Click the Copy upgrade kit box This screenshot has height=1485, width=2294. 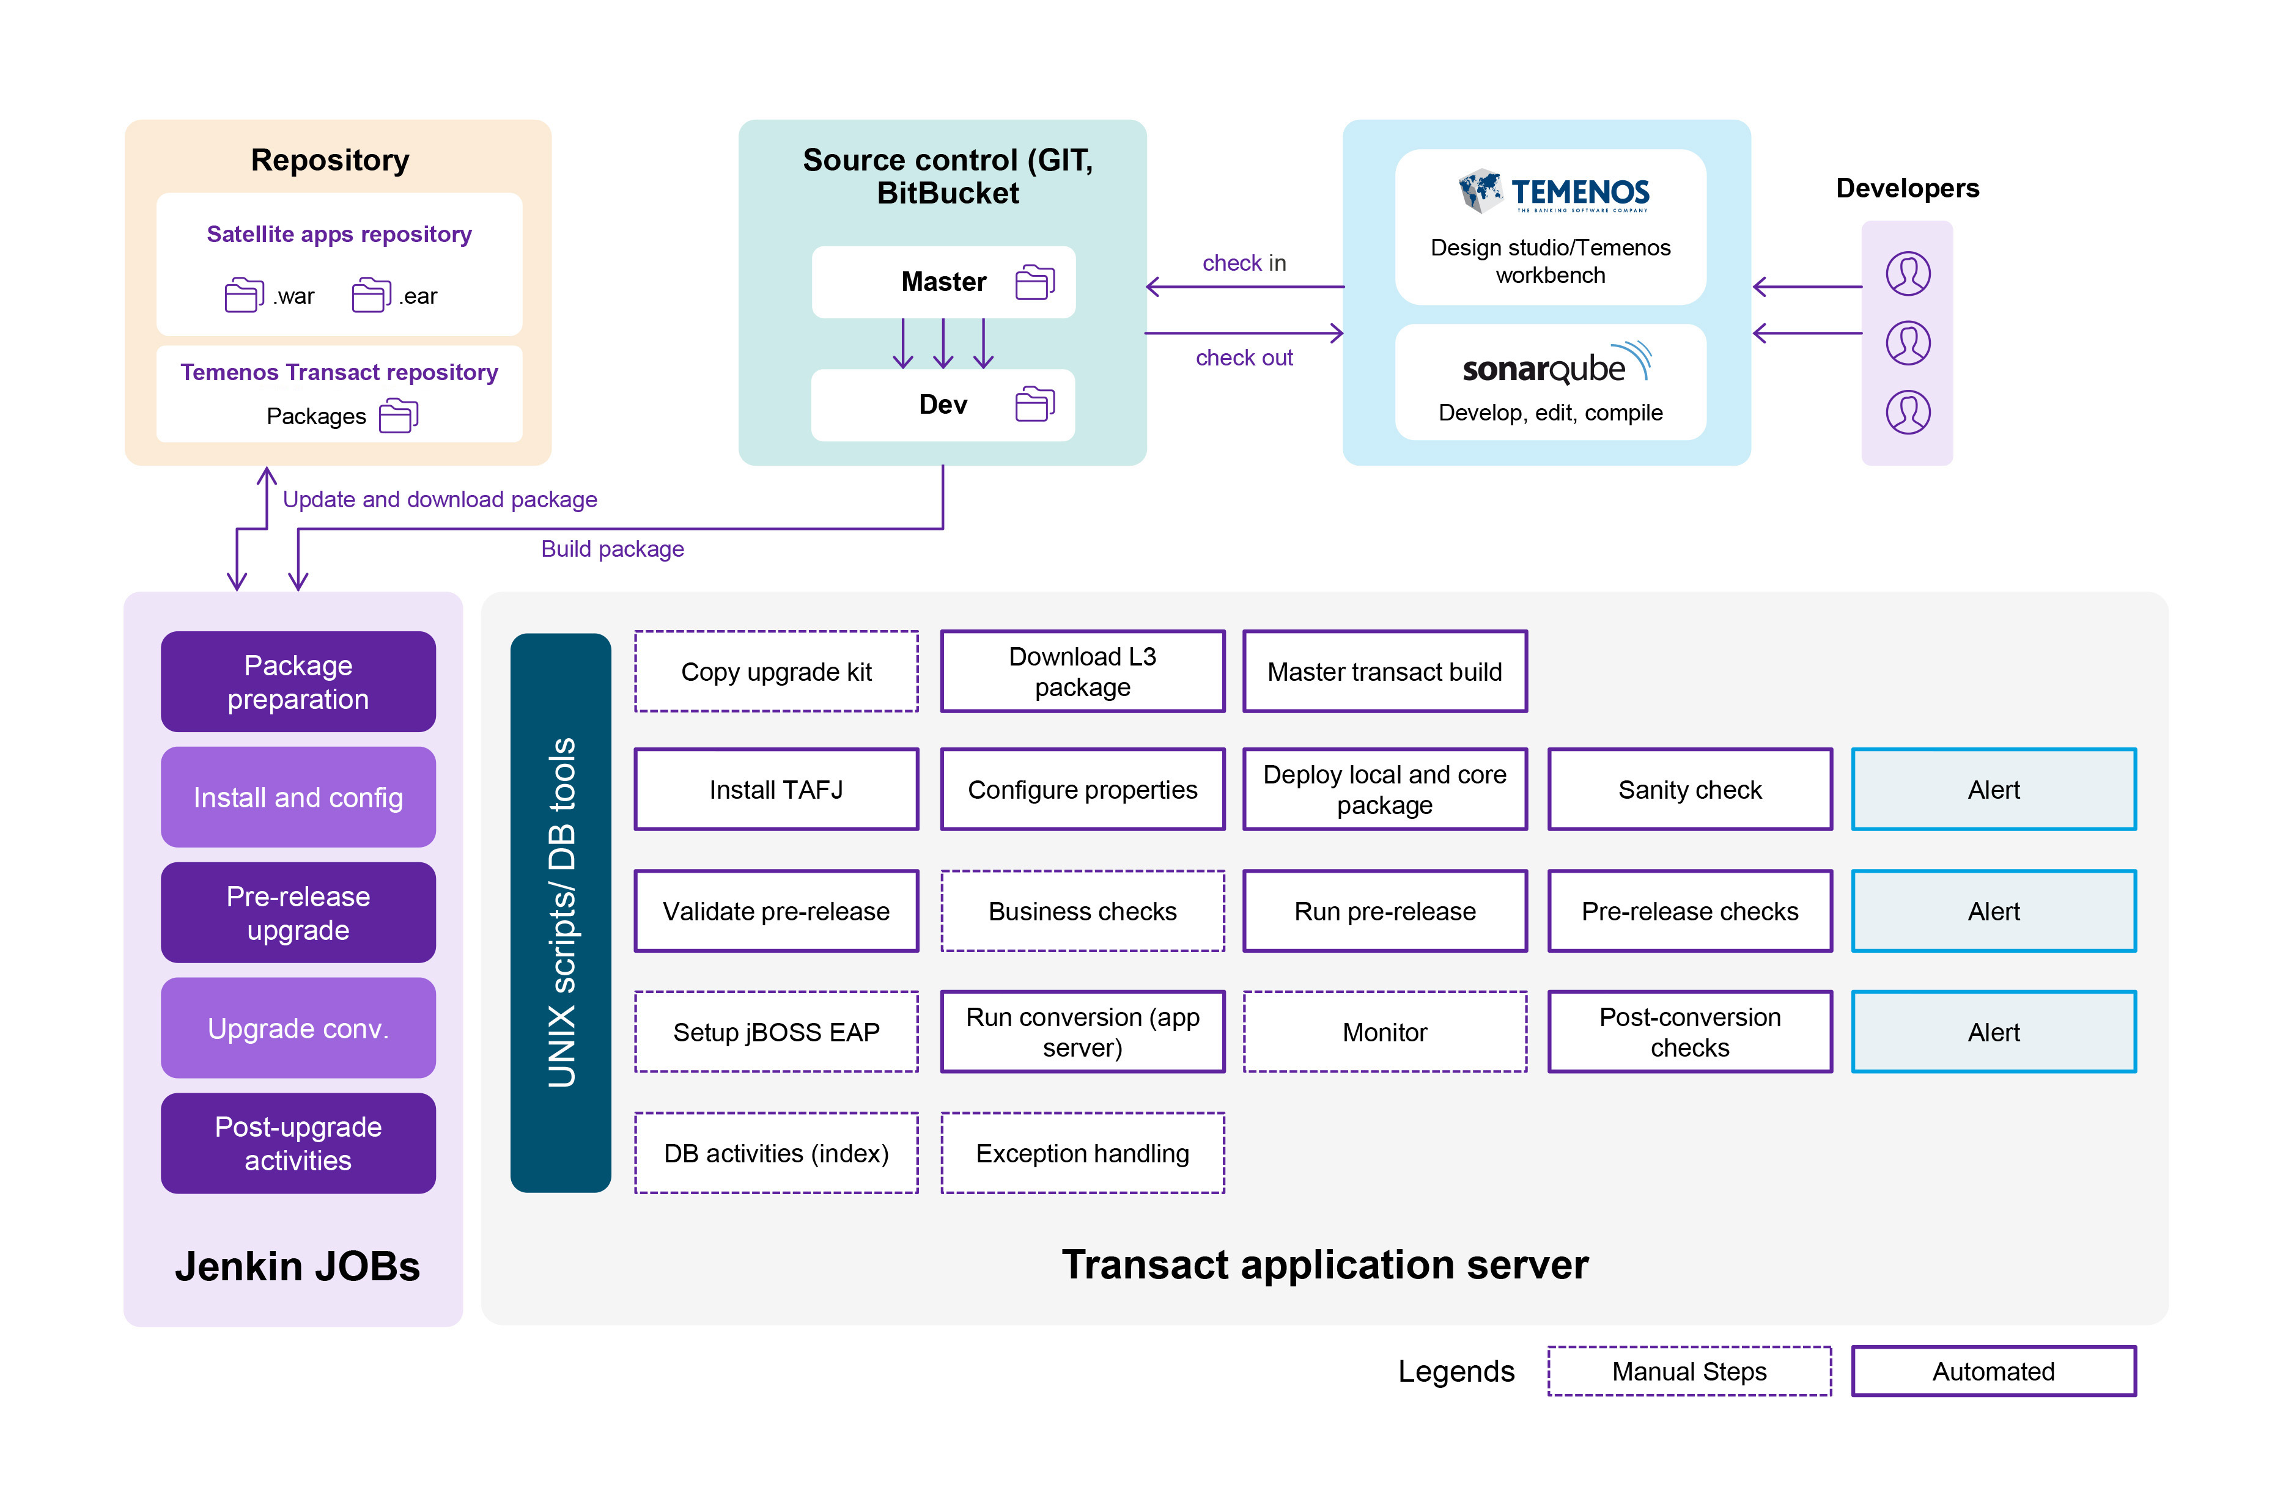(776, 672)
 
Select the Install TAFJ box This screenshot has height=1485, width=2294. (776, 789)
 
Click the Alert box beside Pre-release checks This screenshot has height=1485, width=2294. (1993, 911)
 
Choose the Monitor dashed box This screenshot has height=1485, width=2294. (1384, 1032)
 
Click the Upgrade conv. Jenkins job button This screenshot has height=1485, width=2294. (298, 1028)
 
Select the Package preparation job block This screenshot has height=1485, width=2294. (298, 681)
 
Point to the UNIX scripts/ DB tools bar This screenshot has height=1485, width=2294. (560, 912)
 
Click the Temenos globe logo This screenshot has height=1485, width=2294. (1480, 190)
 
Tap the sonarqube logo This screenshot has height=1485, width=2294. (1555, 366)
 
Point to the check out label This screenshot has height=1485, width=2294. (1244, 358)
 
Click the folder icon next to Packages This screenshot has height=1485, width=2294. (398, 416)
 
